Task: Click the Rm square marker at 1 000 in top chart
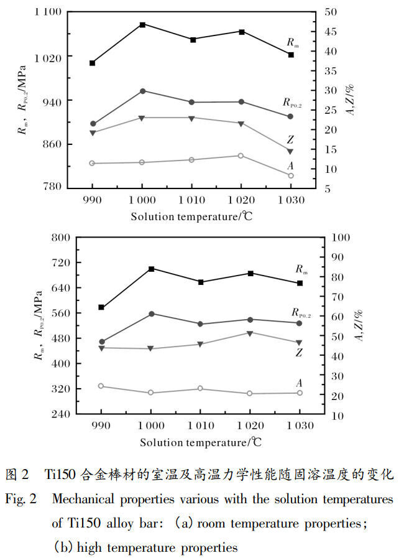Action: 142,24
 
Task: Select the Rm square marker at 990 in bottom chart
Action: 101,307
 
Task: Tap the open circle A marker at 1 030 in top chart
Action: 290,175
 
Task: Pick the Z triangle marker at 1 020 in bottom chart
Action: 250,333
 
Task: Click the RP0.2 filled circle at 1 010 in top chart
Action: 191,102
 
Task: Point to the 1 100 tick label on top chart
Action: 48,12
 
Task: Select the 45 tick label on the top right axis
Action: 331,31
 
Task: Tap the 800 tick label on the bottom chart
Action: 60,238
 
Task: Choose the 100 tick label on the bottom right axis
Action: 341,238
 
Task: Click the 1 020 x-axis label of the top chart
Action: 241,200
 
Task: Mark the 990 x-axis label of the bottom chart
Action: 101,425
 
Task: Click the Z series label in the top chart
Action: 290,139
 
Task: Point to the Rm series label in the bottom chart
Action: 301,269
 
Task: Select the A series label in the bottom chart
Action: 299,383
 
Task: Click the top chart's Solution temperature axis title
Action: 191,216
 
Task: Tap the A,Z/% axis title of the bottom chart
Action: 359,325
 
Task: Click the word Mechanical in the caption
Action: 83,499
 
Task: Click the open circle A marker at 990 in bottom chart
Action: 101,386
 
